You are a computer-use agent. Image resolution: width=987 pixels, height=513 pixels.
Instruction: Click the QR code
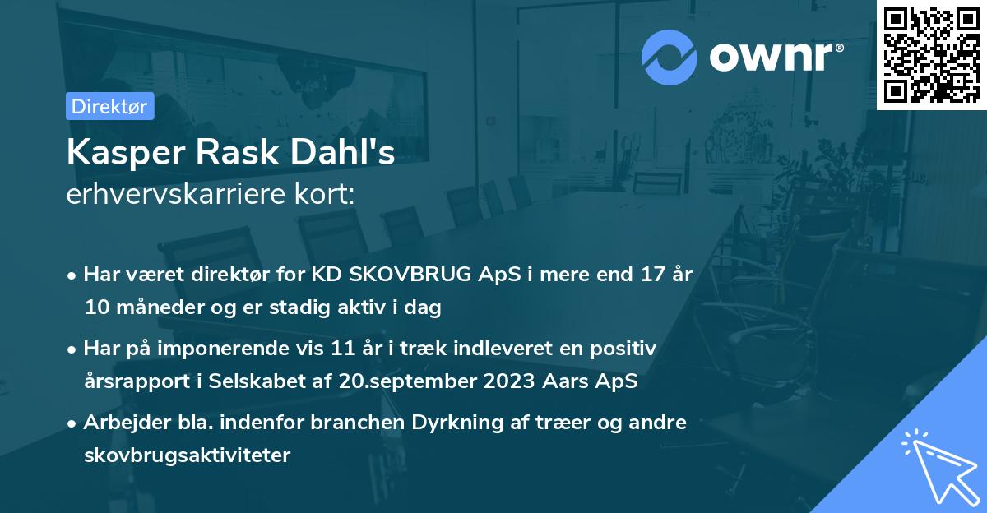click(x=932, y=54)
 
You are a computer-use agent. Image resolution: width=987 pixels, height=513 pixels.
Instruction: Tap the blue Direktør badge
click(x=109, y=106)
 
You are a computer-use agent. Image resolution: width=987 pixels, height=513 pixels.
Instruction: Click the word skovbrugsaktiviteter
click(x=187, y=455)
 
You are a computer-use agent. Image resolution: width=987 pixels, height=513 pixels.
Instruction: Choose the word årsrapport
click(x=132, y=381)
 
